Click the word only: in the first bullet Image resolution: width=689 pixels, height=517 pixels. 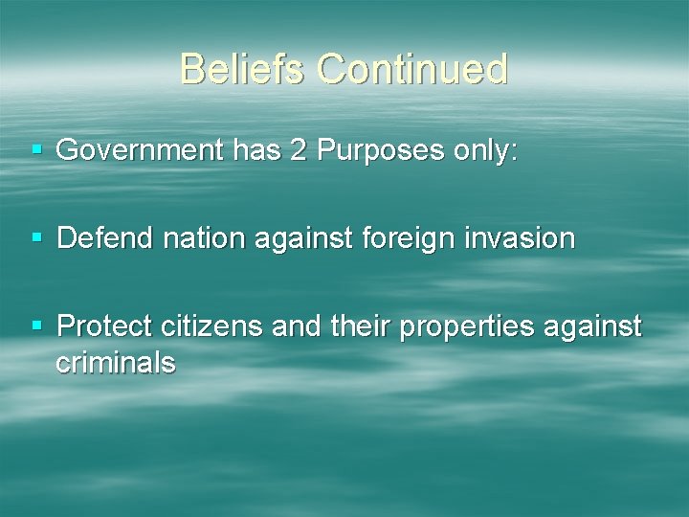click(483, 149)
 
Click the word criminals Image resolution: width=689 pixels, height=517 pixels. click(115, 362)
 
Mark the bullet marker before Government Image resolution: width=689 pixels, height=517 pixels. click(35, 149)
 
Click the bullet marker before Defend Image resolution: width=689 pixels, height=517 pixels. click(35, 237)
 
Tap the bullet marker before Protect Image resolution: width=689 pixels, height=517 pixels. click(35, 327)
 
